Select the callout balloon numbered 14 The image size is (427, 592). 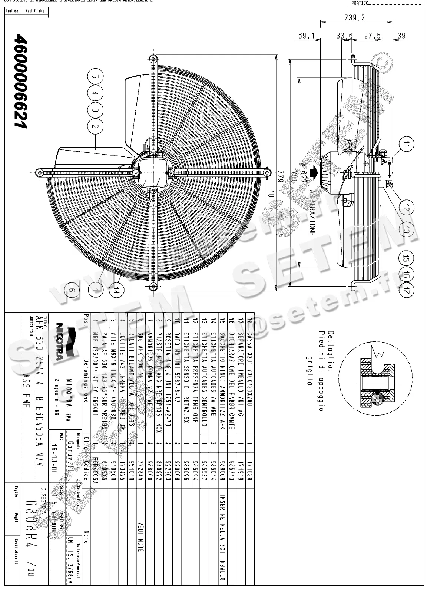[x=116, y=291]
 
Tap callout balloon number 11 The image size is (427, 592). [x=406, y=145]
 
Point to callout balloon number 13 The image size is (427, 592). [x=406, y=231]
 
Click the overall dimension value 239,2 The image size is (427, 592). [x=354, y=17]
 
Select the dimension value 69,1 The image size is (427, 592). [x=306, y=36]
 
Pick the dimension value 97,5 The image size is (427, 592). [x=372, y=36]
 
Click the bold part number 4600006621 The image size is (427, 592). [x=20, y=82]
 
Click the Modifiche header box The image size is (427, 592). [x=35, y=11]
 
